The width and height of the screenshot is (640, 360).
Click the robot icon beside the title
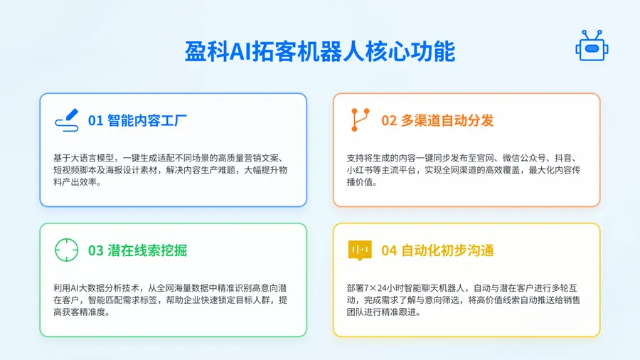tap(592, 46)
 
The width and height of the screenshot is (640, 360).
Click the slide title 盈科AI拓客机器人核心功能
tap(320, 52)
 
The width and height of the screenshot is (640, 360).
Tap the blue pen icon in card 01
tap(67, 120)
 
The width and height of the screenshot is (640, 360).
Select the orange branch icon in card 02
tap(360, 120)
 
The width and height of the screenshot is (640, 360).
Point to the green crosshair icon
tap(67, 250)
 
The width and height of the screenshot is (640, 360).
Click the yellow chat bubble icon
tap(360, 250)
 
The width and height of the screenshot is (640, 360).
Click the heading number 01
tap(95, 120)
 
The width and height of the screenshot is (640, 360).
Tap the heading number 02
tap(389, 120)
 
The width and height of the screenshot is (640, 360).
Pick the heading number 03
tap(95, 250)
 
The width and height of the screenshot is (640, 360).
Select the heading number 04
tap(389, 250)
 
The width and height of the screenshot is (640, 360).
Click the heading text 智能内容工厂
tap(147, 120)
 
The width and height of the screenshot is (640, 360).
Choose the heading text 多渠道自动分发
tap(447, 120)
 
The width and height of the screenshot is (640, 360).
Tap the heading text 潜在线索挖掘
tap(147, 250)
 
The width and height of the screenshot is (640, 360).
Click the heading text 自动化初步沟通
tap(447, 250)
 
